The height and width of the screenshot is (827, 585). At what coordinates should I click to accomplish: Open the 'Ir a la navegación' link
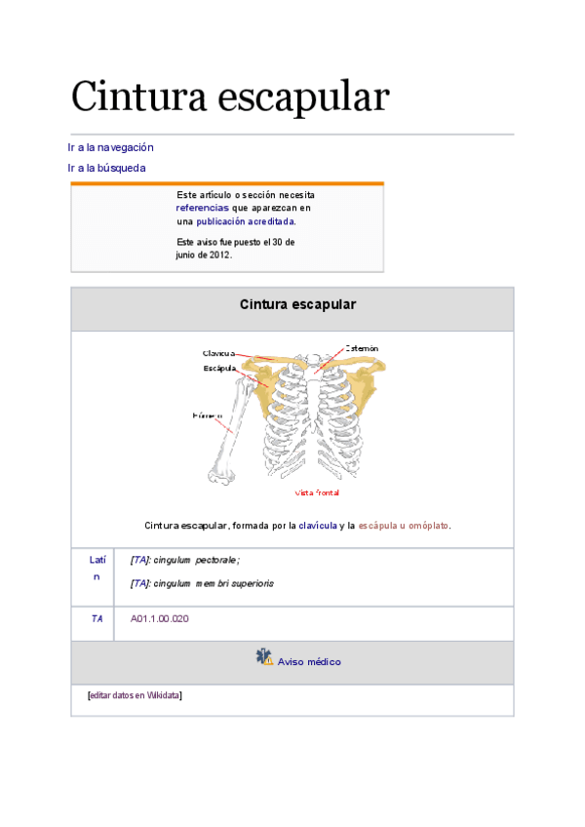tap(110, 147)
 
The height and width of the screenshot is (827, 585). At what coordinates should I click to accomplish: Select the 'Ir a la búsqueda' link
tap(106, 168)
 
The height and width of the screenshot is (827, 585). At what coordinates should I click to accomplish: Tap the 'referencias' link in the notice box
tap(202, 208)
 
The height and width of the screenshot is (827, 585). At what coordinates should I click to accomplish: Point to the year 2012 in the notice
tap(219, 255)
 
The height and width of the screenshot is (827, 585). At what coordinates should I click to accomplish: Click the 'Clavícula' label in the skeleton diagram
tap(216, 353)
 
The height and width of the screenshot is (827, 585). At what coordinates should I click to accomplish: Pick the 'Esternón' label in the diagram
tap(361, 348)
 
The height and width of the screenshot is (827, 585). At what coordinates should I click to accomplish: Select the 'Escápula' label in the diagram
tap(219, 369)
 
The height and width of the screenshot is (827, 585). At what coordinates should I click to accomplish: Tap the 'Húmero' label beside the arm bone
tap(206, 416)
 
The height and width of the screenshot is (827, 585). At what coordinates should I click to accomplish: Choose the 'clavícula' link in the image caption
tap(317, 526)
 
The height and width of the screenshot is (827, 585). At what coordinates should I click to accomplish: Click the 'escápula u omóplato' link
tap(403, 526)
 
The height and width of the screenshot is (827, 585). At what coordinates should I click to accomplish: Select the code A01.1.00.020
tap(159, 619)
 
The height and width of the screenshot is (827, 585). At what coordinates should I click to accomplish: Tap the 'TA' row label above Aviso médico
tap(97, 619)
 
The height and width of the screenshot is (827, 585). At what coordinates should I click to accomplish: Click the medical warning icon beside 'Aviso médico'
tap(264, 658)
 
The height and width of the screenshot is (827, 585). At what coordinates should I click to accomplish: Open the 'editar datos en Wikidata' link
tap(135, 695)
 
